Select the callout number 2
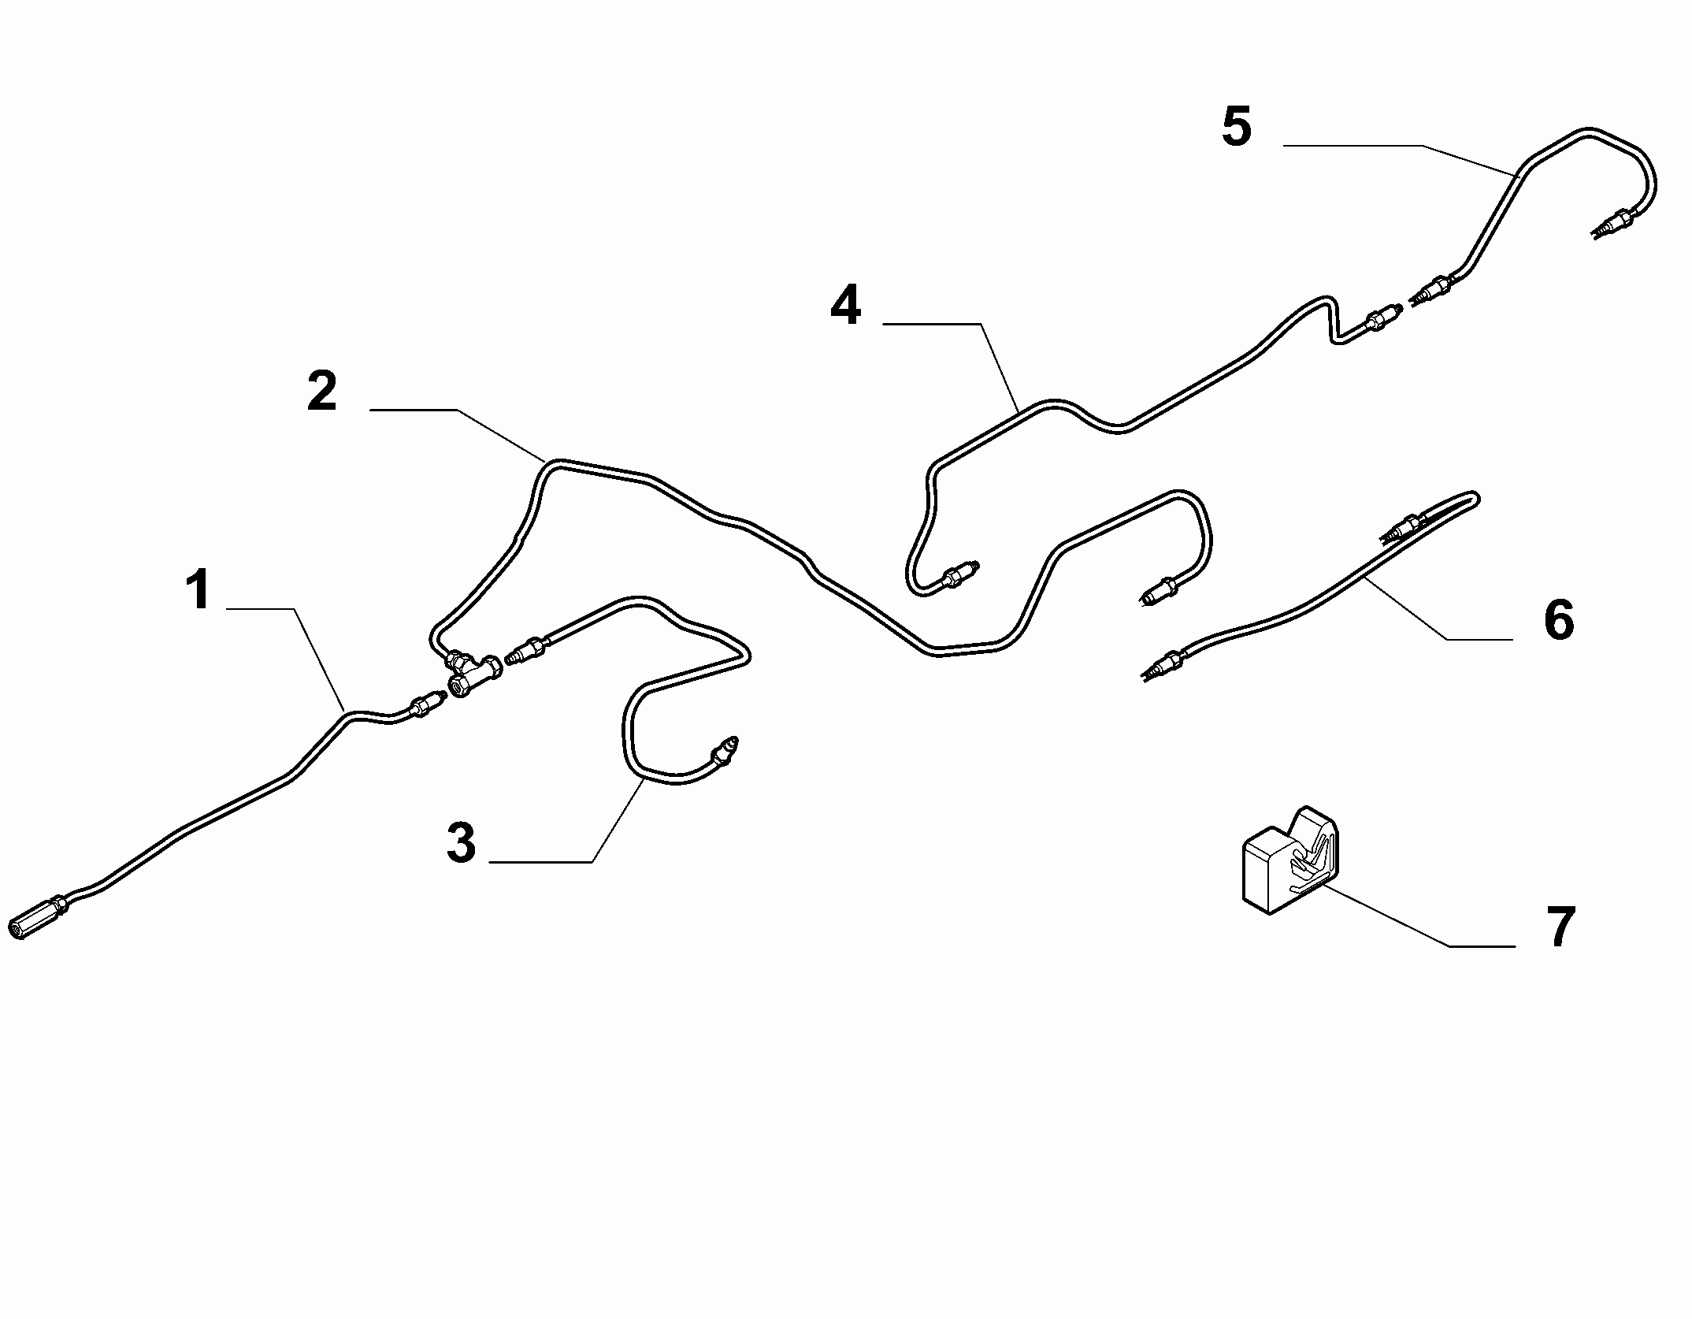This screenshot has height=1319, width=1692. (322, 392)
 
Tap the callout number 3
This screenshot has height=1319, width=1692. (462, 842)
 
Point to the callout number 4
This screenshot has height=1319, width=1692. (846, 306)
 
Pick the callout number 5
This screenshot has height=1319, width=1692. (1237, 127)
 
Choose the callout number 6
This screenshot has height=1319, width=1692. (1559, 619)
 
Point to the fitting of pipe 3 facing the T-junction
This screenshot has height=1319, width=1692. (525, 649)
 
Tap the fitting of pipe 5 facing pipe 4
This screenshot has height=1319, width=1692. (1430, 292)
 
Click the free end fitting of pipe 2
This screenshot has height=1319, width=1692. (1159, 591)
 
